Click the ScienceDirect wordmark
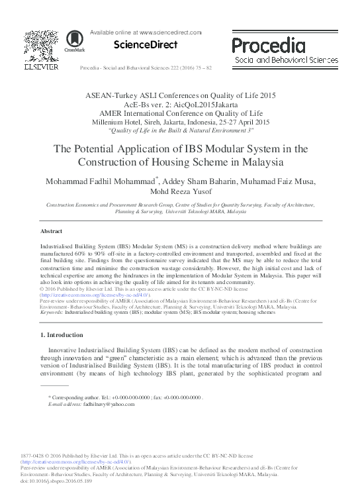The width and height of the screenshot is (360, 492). (x=146, y=45)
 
